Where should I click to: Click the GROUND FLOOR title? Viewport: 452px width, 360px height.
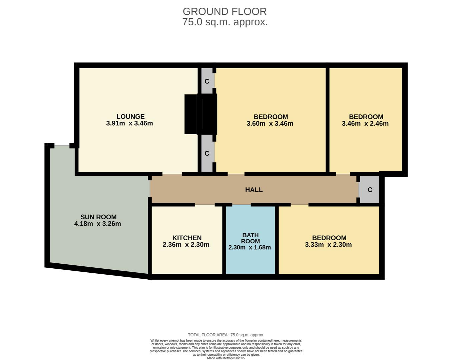pyautogui.click(x=224, y=12)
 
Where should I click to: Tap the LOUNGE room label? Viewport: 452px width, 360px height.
pyautogui.click(x=130, y=117)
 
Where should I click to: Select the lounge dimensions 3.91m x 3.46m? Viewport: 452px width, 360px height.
pyautogui.click(x=129, y=123)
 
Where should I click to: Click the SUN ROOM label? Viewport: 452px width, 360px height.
pyautogui.click(x=98, y=217)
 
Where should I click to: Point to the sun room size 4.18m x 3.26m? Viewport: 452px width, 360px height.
pyautogui.click(x=97, y=224)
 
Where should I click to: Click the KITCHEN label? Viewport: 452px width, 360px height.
pyautogui.click(x=187, y=238)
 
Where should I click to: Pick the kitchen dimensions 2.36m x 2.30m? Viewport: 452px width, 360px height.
pyautogui.click(x=186, y=245)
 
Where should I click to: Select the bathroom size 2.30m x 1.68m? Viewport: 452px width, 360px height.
pyautogui.click(x=250, y=247)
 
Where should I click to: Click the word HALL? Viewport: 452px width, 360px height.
pyautogui.click(x=254, y=190)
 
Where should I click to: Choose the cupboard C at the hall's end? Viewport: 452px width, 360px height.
pyautogui.click(x=370, y=190)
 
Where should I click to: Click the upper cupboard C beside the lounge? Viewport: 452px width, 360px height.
pyautogui.click(x=207, y=81)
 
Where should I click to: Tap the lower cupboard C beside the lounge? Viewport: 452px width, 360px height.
pyautogui.click(x=207, y=153)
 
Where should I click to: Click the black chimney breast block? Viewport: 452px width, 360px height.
pyautogui.click(x=200, y=114)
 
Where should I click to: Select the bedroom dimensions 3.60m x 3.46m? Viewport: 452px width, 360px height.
pyautogui.click(x=270, y=123)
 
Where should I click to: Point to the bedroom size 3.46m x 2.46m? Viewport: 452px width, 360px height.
pyautogui.click(x=365, y=123)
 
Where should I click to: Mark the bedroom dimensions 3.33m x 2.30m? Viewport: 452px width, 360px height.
pyautogui.click(x=328, y=245)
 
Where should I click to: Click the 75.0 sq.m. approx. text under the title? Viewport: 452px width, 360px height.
pyautogui.click(x=225, y=22)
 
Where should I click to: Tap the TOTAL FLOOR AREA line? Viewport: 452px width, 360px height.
pyautogui.click(x=226, y=335)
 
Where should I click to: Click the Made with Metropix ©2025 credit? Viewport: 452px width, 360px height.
pyautogui.click(x=226, y=358)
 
